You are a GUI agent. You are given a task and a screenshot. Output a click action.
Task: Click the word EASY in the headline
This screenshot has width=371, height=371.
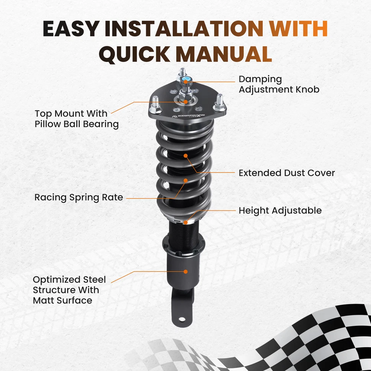click(x=71, y=29)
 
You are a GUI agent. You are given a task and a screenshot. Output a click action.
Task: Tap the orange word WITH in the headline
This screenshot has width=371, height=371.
click(x=298, y=29)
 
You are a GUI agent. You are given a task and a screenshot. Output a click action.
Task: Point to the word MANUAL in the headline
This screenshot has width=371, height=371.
click(x=224, y=54)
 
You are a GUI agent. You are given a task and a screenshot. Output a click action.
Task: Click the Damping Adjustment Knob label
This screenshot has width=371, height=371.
click(x=279, y=85)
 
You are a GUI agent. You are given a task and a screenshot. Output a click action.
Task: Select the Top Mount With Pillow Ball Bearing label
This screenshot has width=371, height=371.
click(x=77, y=119)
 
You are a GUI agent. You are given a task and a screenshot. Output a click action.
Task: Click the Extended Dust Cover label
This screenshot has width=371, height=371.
click(x=287, y=173)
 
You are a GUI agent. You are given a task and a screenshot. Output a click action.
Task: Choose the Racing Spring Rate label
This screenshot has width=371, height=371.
click(x=79, y=197)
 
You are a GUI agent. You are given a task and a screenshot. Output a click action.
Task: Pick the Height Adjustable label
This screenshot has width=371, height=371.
click(x=280, y=211)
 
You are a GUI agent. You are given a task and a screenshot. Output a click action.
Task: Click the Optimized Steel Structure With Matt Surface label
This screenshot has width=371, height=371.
click(x=69, y=290)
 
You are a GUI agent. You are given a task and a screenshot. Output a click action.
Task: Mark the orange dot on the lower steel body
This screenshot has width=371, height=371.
click(x=186, y=272)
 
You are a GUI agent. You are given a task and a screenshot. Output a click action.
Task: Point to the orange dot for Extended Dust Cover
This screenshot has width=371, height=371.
click(x=186, y=156)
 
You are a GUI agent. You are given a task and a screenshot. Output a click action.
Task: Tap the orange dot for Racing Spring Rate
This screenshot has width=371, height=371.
click(x=186, y=181)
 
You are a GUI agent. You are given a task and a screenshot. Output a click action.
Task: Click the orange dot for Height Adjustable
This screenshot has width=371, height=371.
click(x=186, y=222)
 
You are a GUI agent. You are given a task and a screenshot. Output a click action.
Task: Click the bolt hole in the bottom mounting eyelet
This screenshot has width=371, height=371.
click(x=182, y=319)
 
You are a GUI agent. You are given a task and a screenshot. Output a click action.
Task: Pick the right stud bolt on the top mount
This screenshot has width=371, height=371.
click(x=220, y=102)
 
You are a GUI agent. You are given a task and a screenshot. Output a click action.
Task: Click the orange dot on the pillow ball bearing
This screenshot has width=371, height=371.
click(x=186, y=102)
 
